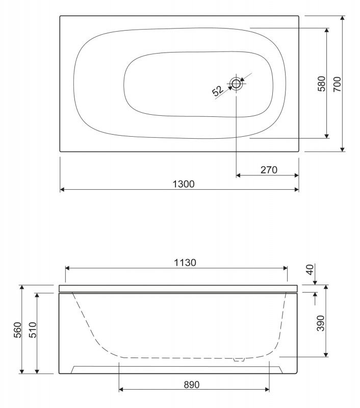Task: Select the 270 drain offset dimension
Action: (268, 170)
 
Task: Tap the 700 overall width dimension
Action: (337, 84)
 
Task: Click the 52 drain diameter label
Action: (218, 91)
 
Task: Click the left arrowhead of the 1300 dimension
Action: (62, 190)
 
